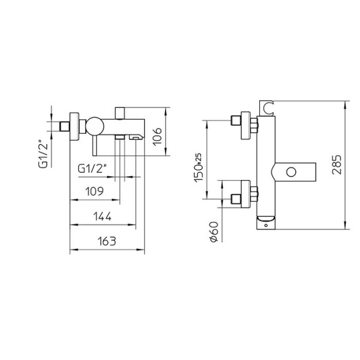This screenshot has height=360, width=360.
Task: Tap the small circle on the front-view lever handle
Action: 292,173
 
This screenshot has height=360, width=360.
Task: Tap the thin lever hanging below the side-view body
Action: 92,146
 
